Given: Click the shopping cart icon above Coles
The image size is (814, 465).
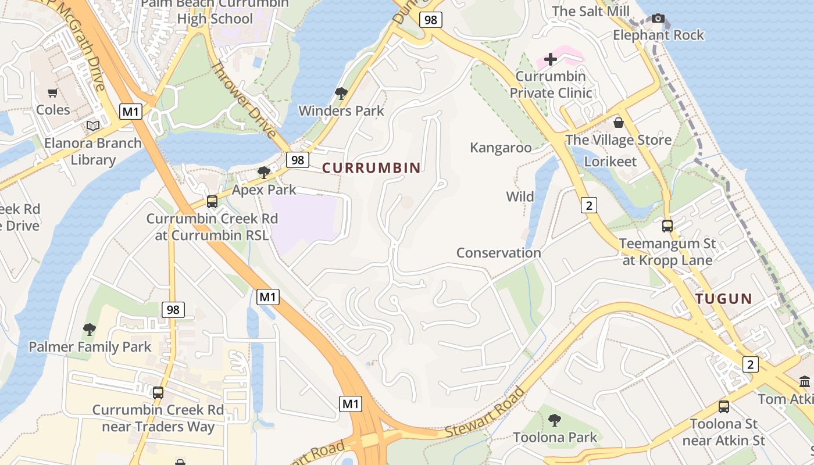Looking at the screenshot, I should click(53, 92).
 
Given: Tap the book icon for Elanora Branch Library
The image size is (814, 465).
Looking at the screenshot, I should click(93, 126).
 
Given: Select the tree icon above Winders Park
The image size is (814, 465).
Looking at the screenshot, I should click(341, 93).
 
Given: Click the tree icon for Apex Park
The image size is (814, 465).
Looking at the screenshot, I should click(264, 172).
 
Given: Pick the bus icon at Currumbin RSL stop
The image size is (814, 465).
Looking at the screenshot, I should click(212, 202).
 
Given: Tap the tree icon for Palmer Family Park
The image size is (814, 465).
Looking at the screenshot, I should click(89, 330).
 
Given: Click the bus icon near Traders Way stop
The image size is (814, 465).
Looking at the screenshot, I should click(158, 392).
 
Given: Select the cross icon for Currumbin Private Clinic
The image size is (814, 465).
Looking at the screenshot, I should click(550, 59).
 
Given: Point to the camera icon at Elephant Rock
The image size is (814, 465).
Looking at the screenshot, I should click(658, 18).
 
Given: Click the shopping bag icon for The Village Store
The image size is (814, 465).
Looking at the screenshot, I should click(619, 123).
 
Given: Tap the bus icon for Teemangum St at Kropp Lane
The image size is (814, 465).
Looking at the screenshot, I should click(667, 226).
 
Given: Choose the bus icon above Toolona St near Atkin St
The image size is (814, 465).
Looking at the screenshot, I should click(724, 407).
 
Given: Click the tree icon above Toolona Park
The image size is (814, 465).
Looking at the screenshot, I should click(555, 420).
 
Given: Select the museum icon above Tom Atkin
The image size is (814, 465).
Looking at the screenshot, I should click(805, 382).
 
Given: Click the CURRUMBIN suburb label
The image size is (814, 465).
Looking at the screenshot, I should click(371, 168).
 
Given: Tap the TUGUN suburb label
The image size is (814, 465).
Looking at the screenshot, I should click(724, 299).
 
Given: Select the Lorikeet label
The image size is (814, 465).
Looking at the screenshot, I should click(610, 161).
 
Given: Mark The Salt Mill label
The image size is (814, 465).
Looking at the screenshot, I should click(591, 11).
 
